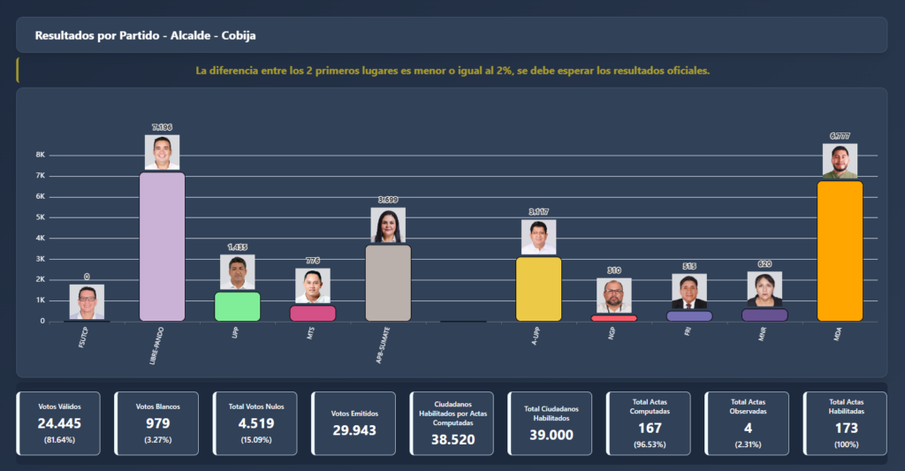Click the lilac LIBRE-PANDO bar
point(162,247)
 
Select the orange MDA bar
point(840,251)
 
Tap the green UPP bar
point(237,306)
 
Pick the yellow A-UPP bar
point(538,288)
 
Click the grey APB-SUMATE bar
point(388,283)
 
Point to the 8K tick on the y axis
point(40,155)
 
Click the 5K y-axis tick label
point(40,217)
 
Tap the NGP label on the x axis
point(612,333)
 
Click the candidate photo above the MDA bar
point(840,161)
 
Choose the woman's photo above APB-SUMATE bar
point(388,225)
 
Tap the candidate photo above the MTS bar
point(312,286)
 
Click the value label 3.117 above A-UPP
point(538,212)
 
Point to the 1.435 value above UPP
point(237,247)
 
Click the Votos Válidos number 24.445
point(61,423)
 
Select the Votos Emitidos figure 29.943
point(353,429)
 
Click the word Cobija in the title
point(238,35)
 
